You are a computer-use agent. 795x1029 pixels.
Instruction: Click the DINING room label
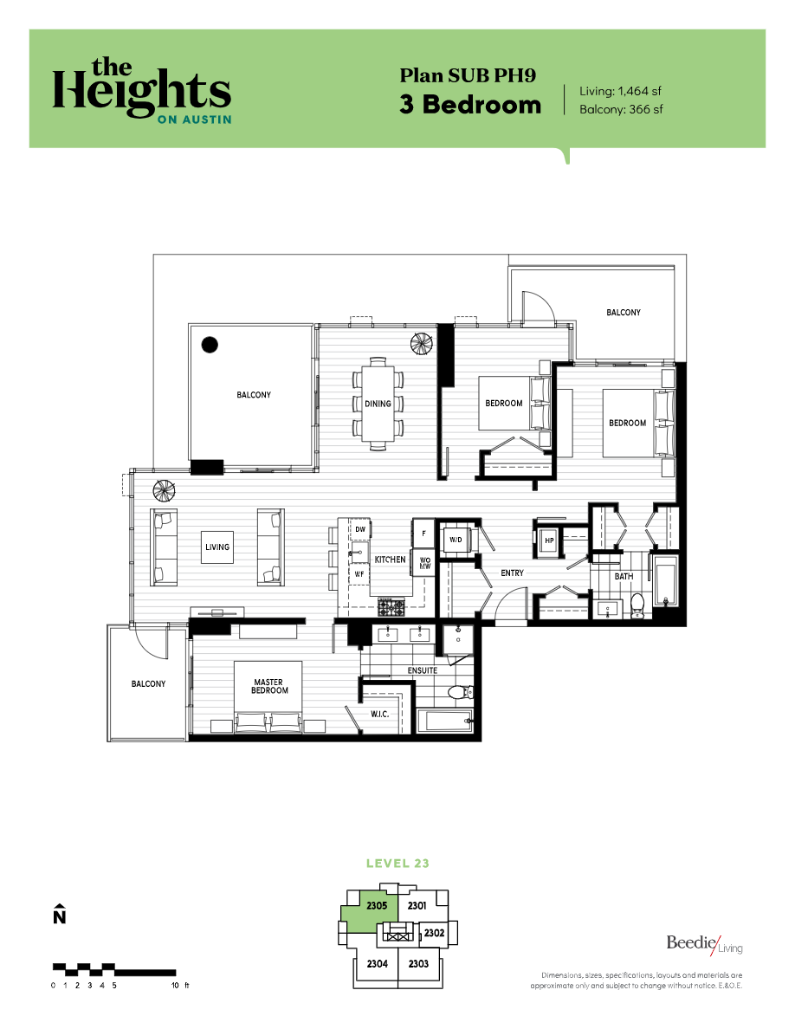point(378,404)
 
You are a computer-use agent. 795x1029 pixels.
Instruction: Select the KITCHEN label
point(390,560)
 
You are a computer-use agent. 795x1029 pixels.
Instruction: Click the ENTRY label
point(513,573)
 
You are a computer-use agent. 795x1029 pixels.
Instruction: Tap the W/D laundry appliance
point(455,540)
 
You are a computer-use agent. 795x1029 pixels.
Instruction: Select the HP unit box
point(548,540)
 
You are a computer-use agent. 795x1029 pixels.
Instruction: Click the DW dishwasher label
point(359,528)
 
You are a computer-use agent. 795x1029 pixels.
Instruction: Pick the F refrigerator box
point(423,533)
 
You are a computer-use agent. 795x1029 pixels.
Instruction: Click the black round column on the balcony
point(209,345)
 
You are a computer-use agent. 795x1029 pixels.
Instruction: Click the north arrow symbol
point(59,915)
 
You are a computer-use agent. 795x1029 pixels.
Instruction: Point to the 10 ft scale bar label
point(178,986)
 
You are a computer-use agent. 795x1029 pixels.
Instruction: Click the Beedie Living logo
point(704,944)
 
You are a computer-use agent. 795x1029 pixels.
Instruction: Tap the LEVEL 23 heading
point(397,864)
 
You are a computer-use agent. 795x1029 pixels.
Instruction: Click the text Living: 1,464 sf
point(621,91)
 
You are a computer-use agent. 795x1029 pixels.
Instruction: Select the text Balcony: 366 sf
point(621,109)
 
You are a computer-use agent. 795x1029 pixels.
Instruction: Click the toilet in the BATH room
point(638,603)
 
